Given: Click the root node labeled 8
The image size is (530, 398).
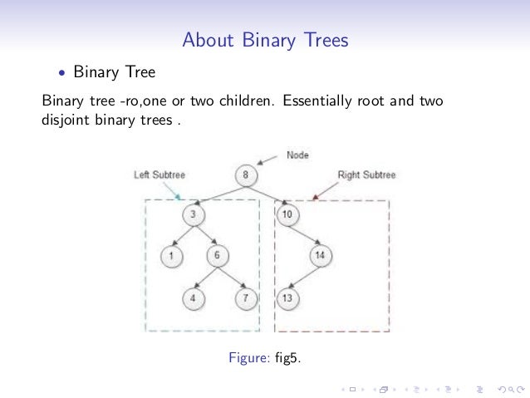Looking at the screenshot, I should pos(246,175).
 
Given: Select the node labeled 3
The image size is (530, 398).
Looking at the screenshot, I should pos(192,215).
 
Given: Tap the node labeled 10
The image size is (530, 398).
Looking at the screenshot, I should pos(287,215).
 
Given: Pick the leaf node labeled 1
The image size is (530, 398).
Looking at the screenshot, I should pos(170,256).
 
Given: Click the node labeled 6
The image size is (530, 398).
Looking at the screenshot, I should pos(216,255).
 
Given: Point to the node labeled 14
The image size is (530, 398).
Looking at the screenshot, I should pos(319,256).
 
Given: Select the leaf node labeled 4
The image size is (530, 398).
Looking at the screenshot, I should pos(193,297).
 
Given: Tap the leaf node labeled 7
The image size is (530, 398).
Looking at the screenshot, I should pos(246,297).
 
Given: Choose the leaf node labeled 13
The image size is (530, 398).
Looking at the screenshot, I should pos(287,297).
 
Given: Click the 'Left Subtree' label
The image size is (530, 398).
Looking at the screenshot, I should pos(159,175).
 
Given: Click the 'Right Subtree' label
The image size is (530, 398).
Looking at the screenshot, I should pos(366,175).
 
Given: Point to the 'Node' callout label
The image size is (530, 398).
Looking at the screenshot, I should pos(297,155).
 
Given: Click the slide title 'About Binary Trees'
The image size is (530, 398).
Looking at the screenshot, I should pos(265,40).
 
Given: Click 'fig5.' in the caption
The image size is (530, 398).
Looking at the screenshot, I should pos(287,358).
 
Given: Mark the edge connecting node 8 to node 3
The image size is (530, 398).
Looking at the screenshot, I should pos(218,195).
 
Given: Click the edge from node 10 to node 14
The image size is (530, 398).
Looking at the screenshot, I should pos(303,236).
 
